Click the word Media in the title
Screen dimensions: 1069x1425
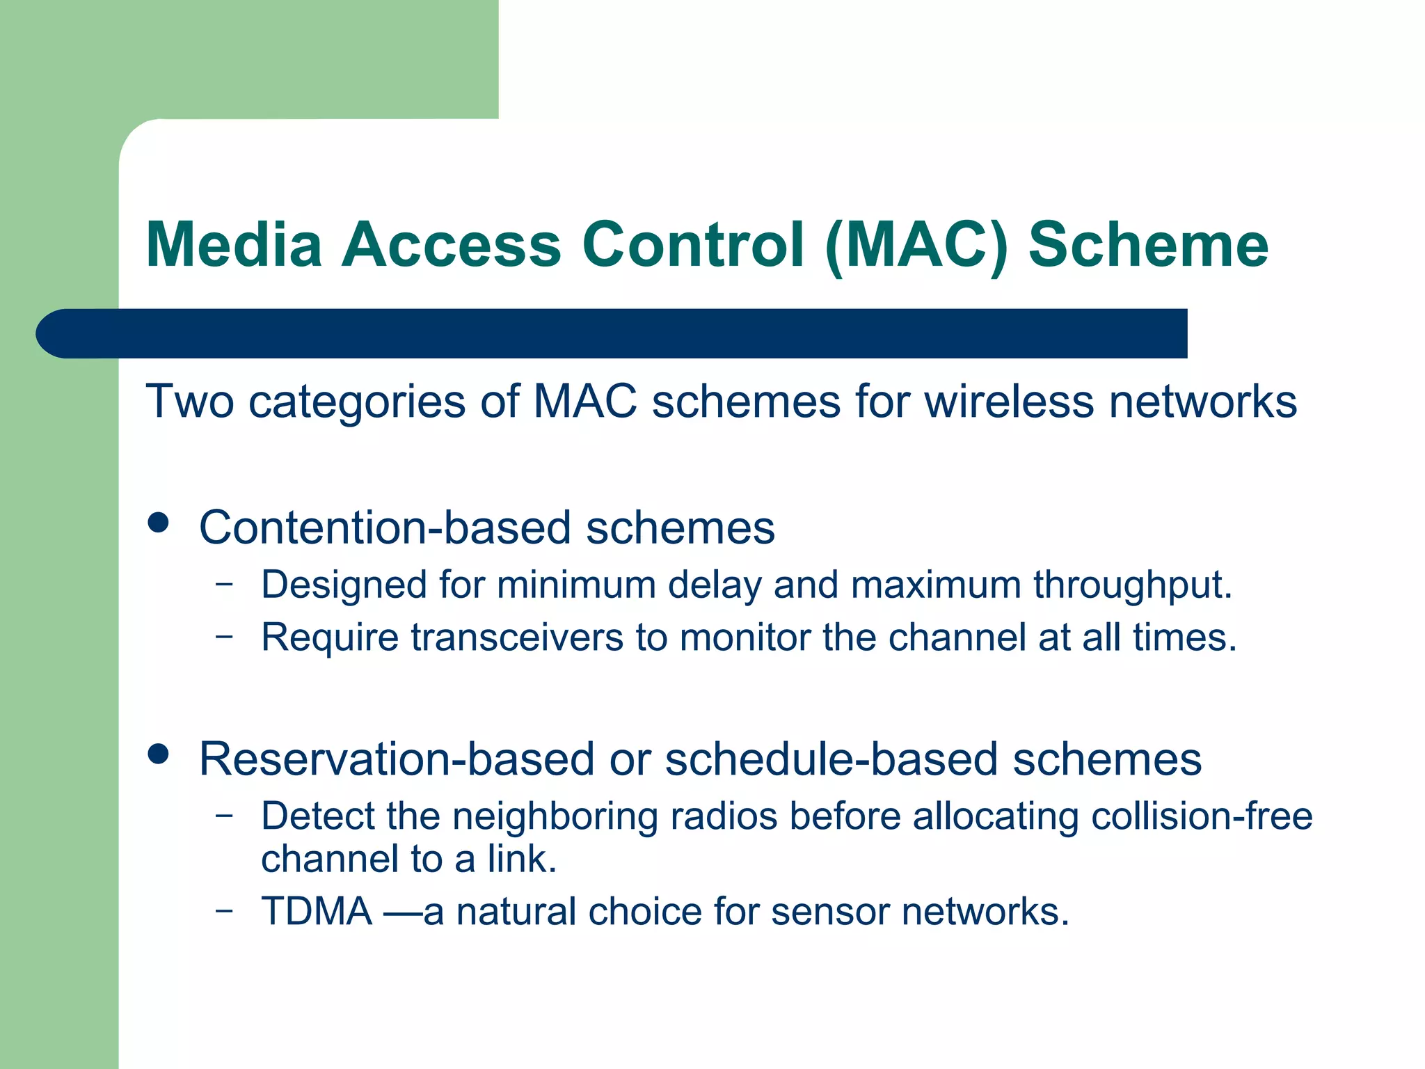click(234, 244)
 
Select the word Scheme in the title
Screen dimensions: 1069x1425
click(1148, 244)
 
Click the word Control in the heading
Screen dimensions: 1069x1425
click(692, 244)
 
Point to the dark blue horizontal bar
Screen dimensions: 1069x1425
click(612, 333)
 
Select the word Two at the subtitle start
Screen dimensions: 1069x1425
click(189, 402)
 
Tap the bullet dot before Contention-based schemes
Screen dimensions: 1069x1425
click(159, 523)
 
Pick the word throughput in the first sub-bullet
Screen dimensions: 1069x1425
click(1132, 585)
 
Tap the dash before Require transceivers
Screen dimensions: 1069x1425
click(224, 635)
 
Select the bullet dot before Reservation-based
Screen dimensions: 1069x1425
click(159, 754)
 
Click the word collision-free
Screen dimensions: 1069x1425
click(1202, 816)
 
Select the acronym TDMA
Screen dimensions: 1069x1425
click(317, 912)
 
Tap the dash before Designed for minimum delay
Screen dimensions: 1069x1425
click(224, 583)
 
